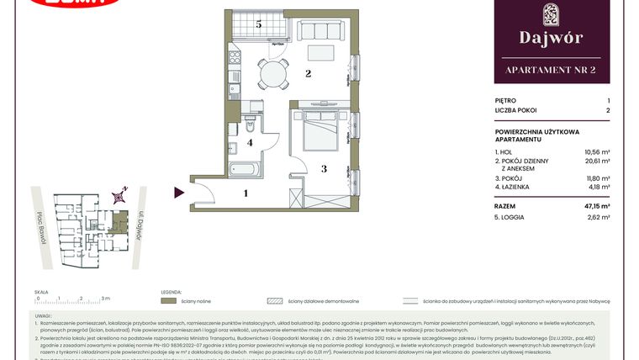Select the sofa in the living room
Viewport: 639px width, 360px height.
[321, 33]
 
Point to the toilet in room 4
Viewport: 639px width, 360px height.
[251, 126]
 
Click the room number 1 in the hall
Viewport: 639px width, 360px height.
[246, 193]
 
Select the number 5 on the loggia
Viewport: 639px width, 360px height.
[259, 24]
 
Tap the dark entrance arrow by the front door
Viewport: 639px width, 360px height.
[179, 193]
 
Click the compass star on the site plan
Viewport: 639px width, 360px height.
[121, 197]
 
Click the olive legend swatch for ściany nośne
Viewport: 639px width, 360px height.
[169, 299]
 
